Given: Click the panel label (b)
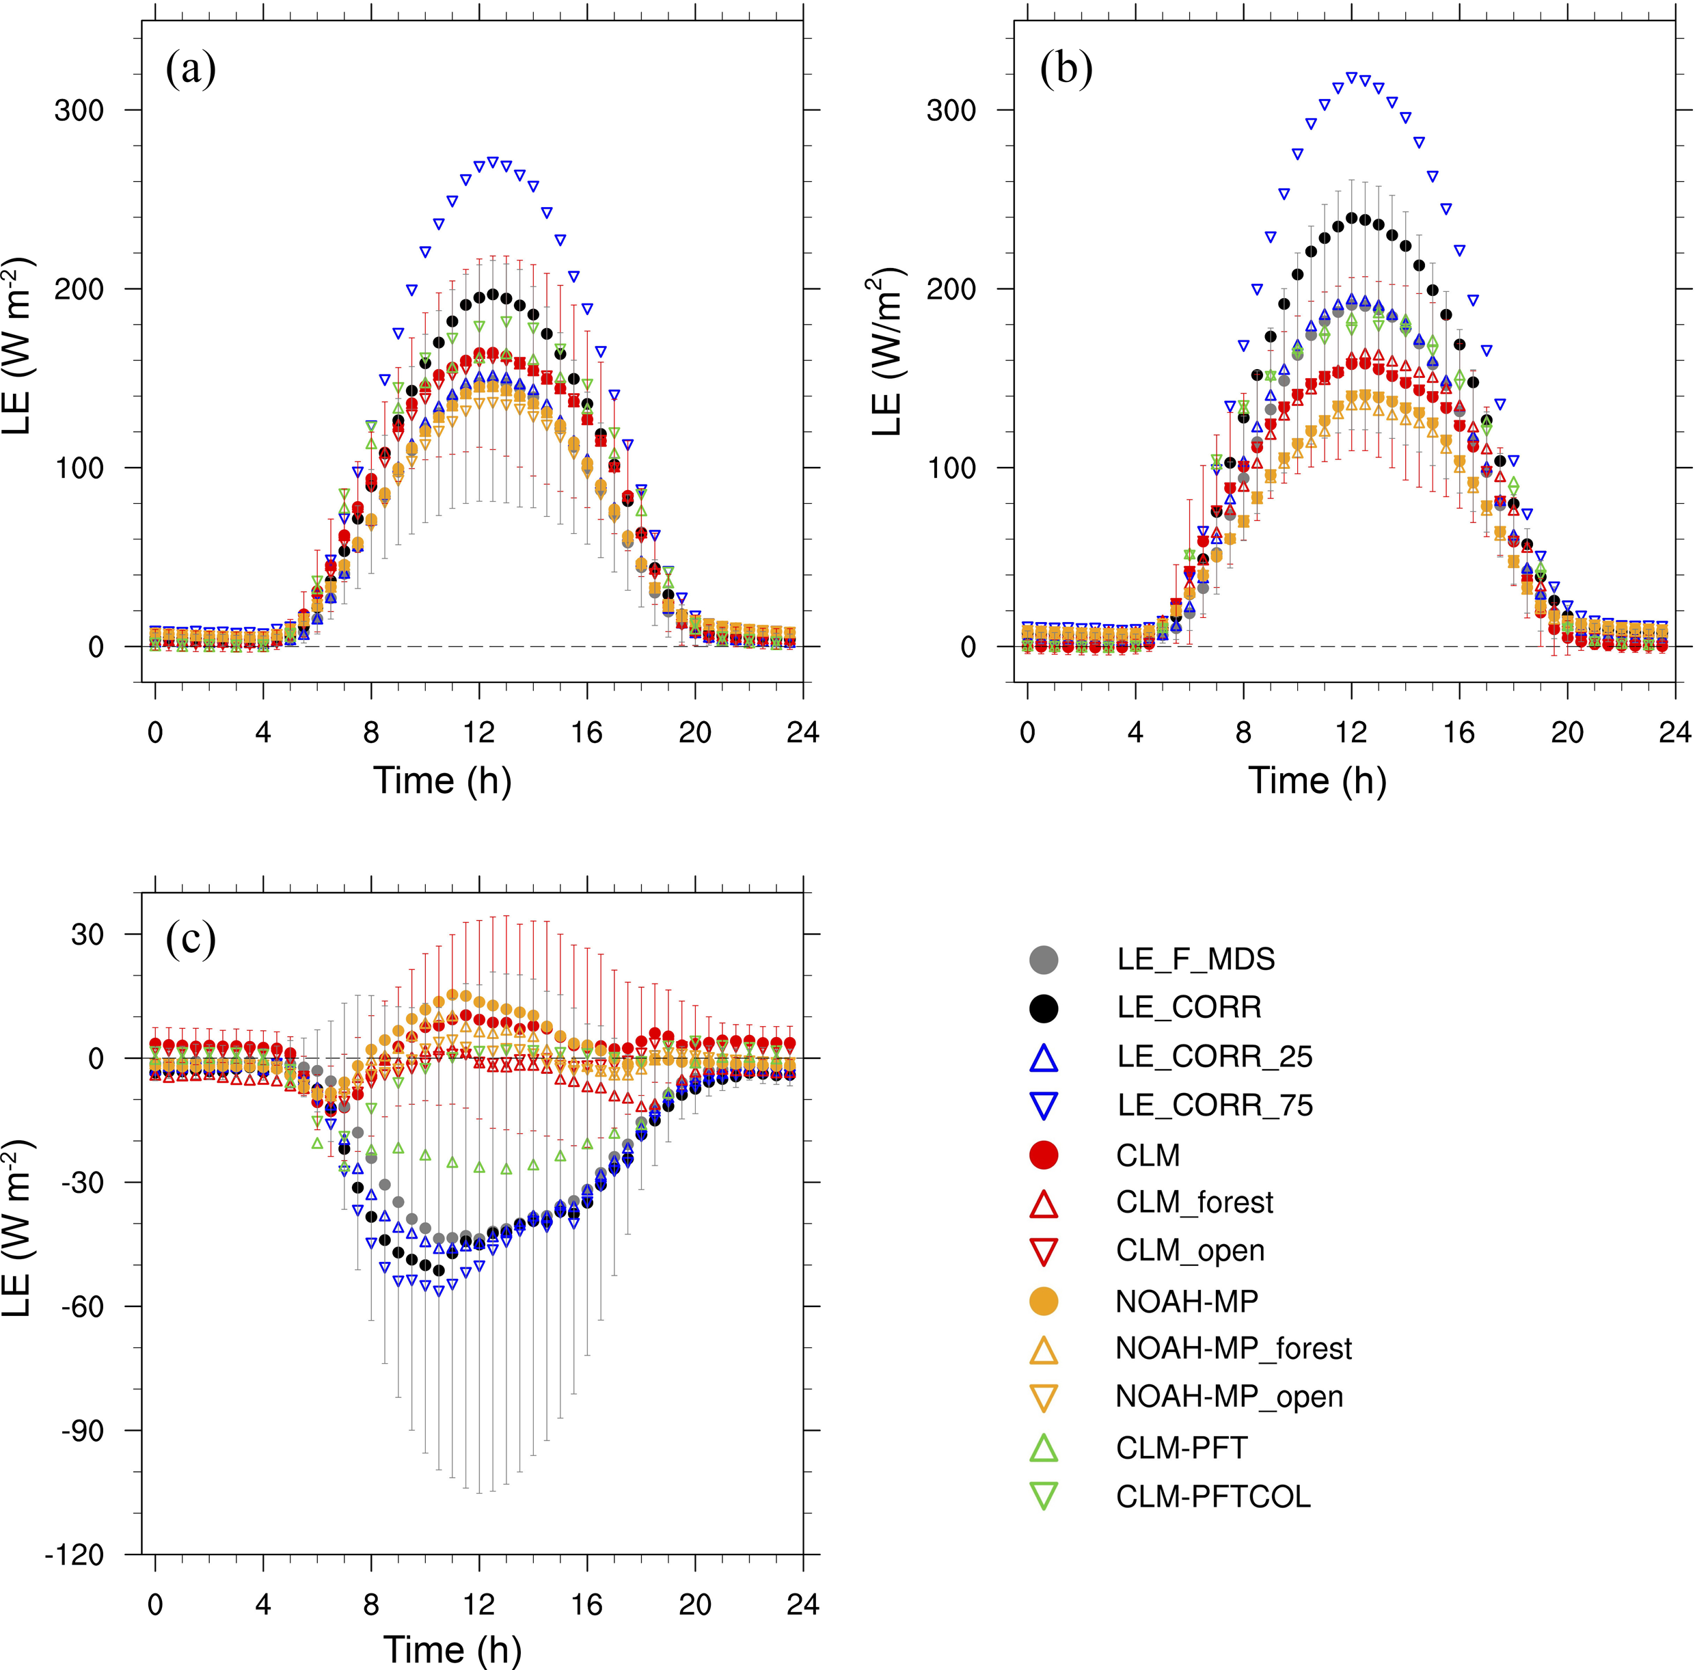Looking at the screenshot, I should tap(1066, 70).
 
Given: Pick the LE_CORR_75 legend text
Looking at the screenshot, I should tap(1215, 1106).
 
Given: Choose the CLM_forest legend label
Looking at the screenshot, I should tap(1194, 1202).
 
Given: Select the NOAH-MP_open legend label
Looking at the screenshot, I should tap(1228, 1397).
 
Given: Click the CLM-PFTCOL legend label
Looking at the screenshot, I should tap(1212, 1496).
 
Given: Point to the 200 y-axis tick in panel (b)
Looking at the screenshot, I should tap(951, 289).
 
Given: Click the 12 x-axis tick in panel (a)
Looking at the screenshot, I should tap(479, 732).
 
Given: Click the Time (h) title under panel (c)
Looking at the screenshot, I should tap(452, 1649).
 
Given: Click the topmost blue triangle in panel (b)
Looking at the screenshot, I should tap(1351, 78).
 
